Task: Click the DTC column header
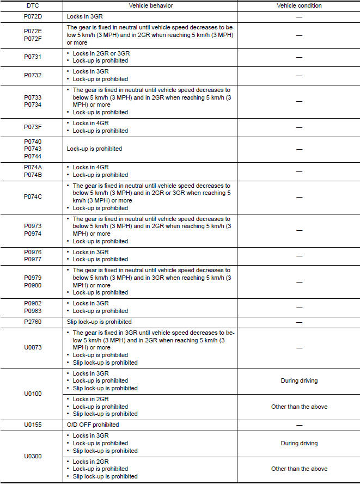pos(33,5)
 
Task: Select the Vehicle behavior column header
pos(150,5)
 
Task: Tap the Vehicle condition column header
pos(299,5)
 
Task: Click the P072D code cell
pos(33,16)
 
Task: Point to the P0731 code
pos(33,57)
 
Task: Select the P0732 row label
pos(33,75)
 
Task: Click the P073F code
pos(33,127)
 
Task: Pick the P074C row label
pos(33,197)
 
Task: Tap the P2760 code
pos(33,322)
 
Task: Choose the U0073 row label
pos(33,347)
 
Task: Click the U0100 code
pos(33,393)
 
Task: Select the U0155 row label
pos(33,425)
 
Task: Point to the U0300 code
pos(33,456)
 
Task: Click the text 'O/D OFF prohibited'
pos(93,425)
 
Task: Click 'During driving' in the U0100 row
pos(299,381)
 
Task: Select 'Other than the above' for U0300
pos(299,469)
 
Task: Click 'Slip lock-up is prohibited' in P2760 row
pos(99,322)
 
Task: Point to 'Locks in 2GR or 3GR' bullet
pos(101,53)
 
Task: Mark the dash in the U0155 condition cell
pos(299,425)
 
